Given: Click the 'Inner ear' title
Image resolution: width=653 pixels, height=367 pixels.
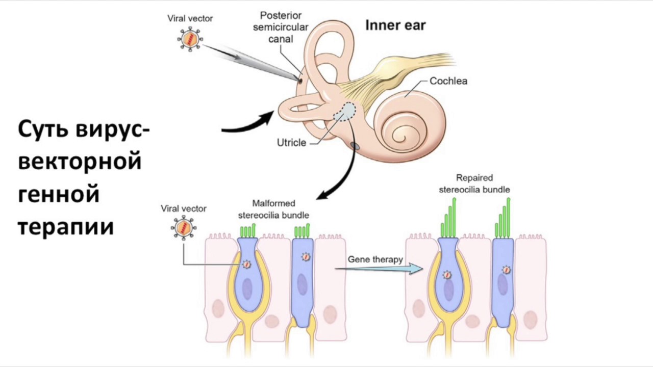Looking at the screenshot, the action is click(x=395, y=25).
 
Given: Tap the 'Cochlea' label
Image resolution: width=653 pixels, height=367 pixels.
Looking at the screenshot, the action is click(x=448, y=81).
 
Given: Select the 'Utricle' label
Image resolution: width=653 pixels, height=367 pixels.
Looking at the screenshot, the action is click(x=291, y=143).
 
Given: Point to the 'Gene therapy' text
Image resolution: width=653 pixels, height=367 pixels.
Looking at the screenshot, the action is click(x=375, y=259).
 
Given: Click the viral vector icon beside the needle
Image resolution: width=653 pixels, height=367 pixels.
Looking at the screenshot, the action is click(x=190, y=39).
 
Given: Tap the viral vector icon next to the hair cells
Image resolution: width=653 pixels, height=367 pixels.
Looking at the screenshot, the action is click(x=184, y=228).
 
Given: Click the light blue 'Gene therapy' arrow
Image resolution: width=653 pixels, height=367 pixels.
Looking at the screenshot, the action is click(x=379, y=269).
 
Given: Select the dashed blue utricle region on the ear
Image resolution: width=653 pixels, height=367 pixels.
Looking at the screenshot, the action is click(x=344, y=112).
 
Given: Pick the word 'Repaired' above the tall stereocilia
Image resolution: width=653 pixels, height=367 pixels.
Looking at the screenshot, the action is click(x=474, y=178).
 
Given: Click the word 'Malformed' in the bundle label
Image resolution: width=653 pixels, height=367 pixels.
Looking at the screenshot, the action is click(x=273, y=203).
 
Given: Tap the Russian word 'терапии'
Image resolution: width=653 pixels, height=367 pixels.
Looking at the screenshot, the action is click(x=66, y=226).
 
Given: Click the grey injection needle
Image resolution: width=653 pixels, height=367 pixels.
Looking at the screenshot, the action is click(x=252, y=63).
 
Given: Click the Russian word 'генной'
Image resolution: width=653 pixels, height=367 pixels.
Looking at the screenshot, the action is click(x=59, y=194).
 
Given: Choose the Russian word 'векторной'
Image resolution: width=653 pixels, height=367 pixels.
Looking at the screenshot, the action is click(x=80, y=161).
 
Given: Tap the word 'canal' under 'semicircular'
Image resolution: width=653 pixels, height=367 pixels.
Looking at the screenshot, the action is click(x=281, y=39).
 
